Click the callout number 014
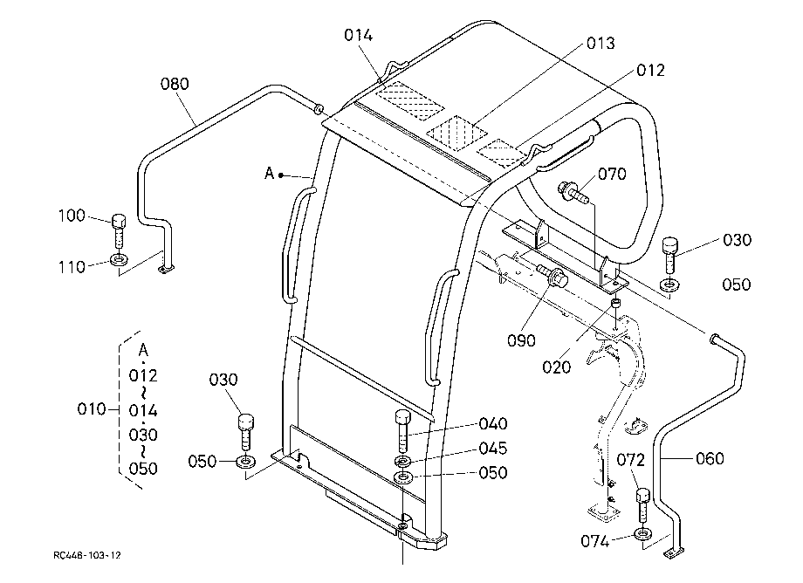pyautogui.click(x=358, y=35)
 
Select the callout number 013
pyautogui.click(x=601, y=44)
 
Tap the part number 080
pyautogui.click(x=175, y=84)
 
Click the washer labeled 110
pyautogui.click(x=120, y=259)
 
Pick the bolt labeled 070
pyautogui.click(x=574, y=191)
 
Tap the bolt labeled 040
pyautogui.click(x=402, y=431)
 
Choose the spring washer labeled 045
pyautogui.click(x=403, y=462)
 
